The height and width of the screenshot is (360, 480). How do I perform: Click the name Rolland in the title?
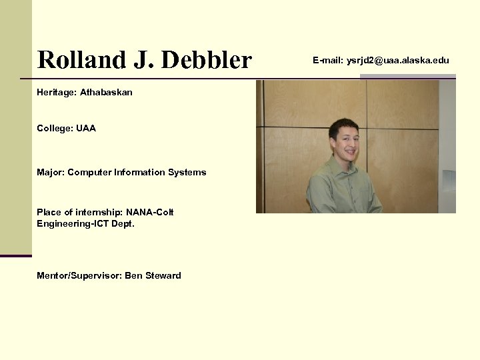coord(79,60)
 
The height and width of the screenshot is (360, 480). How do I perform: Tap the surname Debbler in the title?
coord(207,60)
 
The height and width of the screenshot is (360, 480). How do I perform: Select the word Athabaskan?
coord(106,92)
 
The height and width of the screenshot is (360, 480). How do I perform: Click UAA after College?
coord(86,128)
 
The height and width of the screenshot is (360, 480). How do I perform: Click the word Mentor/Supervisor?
coord(79,275)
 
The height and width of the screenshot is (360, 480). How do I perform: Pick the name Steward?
coord(162,275)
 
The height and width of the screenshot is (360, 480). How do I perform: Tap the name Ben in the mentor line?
coord(133,275)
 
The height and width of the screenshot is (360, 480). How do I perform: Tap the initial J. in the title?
coord(141,60)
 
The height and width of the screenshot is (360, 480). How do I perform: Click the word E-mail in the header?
coord(327,61)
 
